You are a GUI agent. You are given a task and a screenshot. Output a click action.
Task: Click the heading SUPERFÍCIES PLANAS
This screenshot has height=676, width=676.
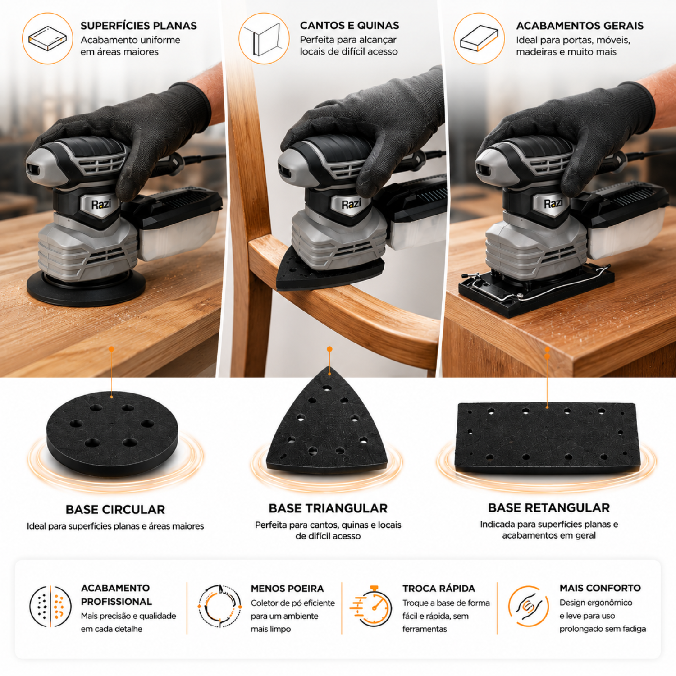139,26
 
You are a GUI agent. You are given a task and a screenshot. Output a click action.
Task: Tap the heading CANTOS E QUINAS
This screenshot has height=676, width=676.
350,26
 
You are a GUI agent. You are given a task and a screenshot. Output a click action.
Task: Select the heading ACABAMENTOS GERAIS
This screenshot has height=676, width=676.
580,26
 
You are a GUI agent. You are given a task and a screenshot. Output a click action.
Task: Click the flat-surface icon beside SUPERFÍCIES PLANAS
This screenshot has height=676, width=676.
47,38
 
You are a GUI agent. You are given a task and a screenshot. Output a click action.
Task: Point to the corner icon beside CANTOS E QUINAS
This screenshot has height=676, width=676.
264,38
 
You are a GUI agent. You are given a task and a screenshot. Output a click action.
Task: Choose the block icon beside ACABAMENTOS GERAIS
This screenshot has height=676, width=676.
479,38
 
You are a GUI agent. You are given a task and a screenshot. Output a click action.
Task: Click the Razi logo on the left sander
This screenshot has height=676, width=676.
101,204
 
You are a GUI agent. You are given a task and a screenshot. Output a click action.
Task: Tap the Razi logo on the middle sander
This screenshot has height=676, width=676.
351,204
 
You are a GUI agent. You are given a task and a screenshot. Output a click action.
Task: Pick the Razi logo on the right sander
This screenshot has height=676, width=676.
553,203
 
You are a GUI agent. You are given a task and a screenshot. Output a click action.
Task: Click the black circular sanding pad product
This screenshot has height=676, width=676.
112,433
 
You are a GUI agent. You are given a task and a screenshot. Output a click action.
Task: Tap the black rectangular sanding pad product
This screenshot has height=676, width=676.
548,438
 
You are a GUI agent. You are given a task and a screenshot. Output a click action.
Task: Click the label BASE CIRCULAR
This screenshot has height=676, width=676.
115,510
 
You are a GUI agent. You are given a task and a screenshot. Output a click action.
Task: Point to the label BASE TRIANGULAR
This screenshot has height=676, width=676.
328,508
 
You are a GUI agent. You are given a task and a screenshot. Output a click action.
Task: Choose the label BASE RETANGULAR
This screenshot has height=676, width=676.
549,508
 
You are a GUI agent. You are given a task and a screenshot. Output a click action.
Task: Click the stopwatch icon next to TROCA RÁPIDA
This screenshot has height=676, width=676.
371,606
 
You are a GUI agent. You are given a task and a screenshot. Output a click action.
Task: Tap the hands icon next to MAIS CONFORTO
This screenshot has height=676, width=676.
528,606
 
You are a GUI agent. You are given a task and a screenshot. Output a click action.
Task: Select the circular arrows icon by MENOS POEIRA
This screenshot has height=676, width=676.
220,606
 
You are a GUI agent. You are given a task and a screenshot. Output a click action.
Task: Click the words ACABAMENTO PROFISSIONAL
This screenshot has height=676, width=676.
117,595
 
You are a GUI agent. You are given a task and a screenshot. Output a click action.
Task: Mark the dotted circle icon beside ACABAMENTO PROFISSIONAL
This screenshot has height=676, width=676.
50,606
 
